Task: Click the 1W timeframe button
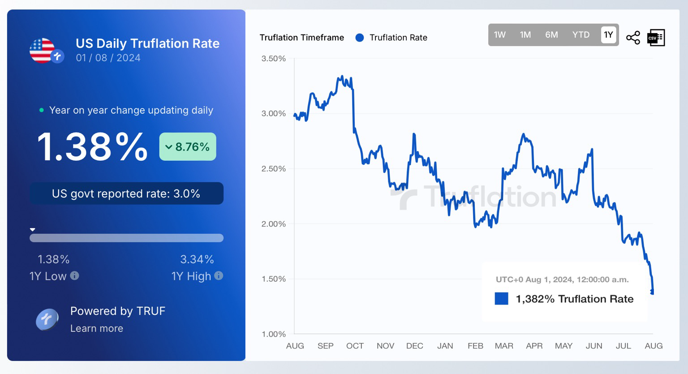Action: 499,35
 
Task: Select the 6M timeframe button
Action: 551,35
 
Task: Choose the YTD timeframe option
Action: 580,35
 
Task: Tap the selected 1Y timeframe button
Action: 608,35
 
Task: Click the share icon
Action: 633,38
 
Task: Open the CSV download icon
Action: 656,38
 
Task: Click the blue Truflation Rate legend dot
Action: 360,38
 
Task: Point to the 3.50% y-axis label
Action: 273,59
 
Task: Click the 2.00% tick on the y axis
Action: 273,224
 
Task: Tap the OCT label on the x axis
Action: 355,346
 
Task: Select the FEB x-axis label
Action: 475,346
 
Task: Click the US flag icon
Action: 43,50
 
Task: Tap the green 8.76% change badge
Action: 188,146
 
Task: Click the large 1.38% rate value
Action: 92,146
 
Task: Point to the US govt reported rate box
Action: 126,193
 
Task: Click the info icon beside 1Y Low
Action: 75,276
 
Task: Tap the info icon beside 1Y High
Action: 219,276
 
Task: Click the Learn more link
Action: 97,328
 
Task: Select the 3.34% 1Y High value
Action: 197,259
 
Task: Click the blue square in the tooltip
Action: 501,299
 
